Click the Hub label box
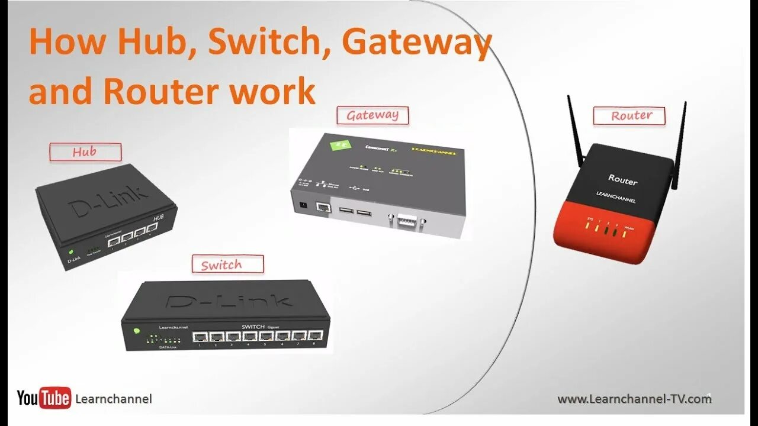(x=85, y=153)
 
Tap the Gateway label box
(x=372, y=115)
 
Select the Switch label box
(x=227, y=264)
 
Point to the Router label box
(x=629, y=116)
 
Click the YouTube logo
(x=44, y=398)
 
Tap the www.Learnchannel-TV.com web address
(x=634, y=399)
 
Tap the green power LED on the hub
(x=70, y=251)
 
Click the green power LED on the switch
(x=137, y=331)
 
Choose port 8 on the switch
(x=315, y=335)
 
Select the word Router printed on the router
(x=622, y=179)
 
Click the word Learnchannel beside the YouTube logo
(x=114, y=399)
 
